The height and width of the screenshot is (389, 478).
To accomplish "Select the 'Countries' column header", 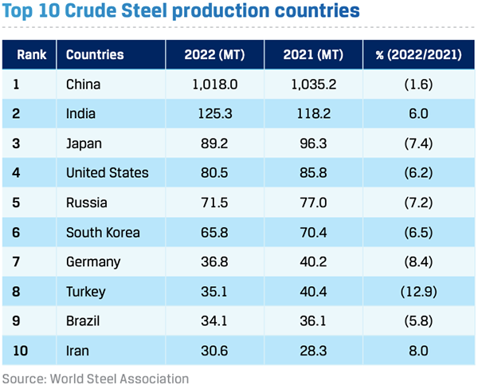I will click(95, 55).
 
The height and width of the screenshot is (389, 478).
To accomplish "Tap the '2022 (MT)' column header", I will click(214, 55).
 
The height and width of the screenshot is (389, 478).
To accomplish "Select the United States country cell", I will click(107, 172).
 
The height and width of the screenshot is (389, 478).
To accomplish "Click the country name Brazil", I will click(84, 321).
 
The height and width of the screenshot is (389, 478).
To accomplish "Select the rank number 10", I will click(22, 351).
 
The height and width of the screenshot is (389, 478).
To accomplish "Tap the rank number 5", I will click(18, 202).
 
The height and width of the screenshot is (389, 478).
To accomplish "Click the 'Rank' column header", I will click(31, 55).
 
